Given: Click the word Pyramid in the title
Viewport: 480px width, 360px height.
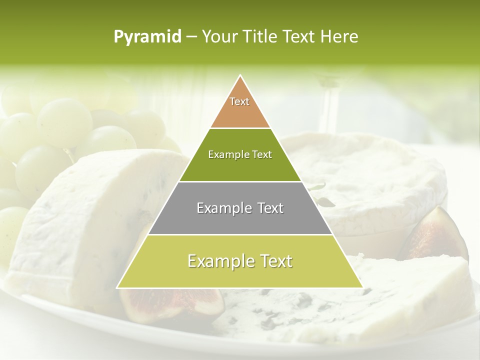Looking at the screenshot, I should [147, 37].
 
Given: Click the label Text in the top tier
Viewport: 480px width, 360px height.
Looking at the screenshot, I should [239, 101].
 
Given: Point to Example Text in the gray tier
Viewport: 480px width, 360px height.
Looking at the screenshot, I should [240, 208].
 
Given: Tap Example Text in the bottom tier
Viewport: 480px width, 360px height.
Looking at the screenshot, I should [240, 261].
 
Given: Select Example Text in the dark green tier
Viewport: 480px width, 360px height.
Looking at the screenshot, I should [240, 155].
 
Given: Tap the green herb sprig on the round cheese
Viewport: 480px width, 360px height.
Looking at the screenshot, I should [322, 195].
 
